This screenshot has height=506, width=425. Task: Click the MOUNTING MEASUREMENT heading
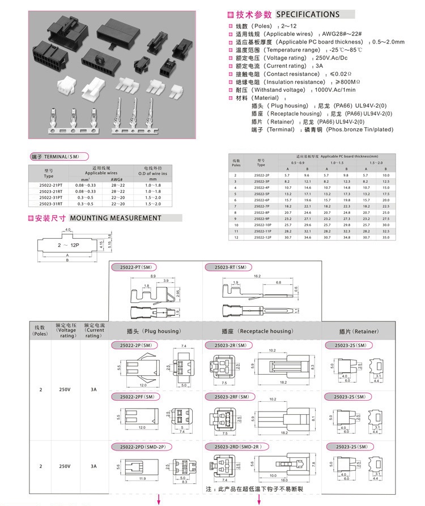coord(116,218)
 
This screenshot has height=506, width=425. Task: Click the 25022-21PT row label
coord(49,185)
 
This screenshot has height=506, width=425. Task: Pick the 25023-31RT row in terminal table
coord(49,203)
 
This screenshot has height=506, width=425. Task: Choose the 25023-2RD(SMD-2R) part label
coord(237,447)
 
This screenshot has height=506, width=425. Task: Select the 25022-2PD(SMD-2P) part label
coord(138,447)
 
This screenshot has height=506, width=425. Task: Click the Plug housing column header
coord(154,331)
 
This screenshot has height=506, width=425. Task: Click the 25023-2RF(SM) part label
coord(232,397)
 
